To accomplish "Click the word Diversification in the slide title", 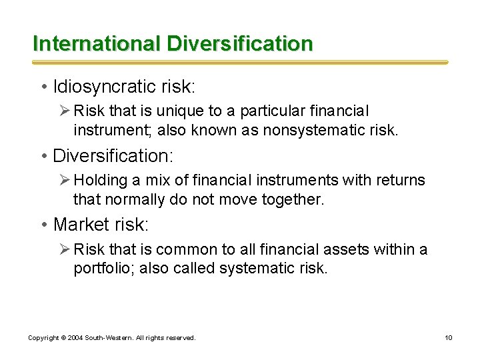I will click(240, 43).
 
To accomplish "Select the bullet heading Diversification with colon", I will click(113, 156).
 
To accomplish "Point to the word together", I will click(289, 199).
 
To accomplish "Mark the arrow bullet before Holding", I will click(64, 180).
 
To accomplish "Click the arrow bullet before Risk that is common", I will click(64, 249).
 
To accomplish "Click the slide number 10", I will click(449, 338).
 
